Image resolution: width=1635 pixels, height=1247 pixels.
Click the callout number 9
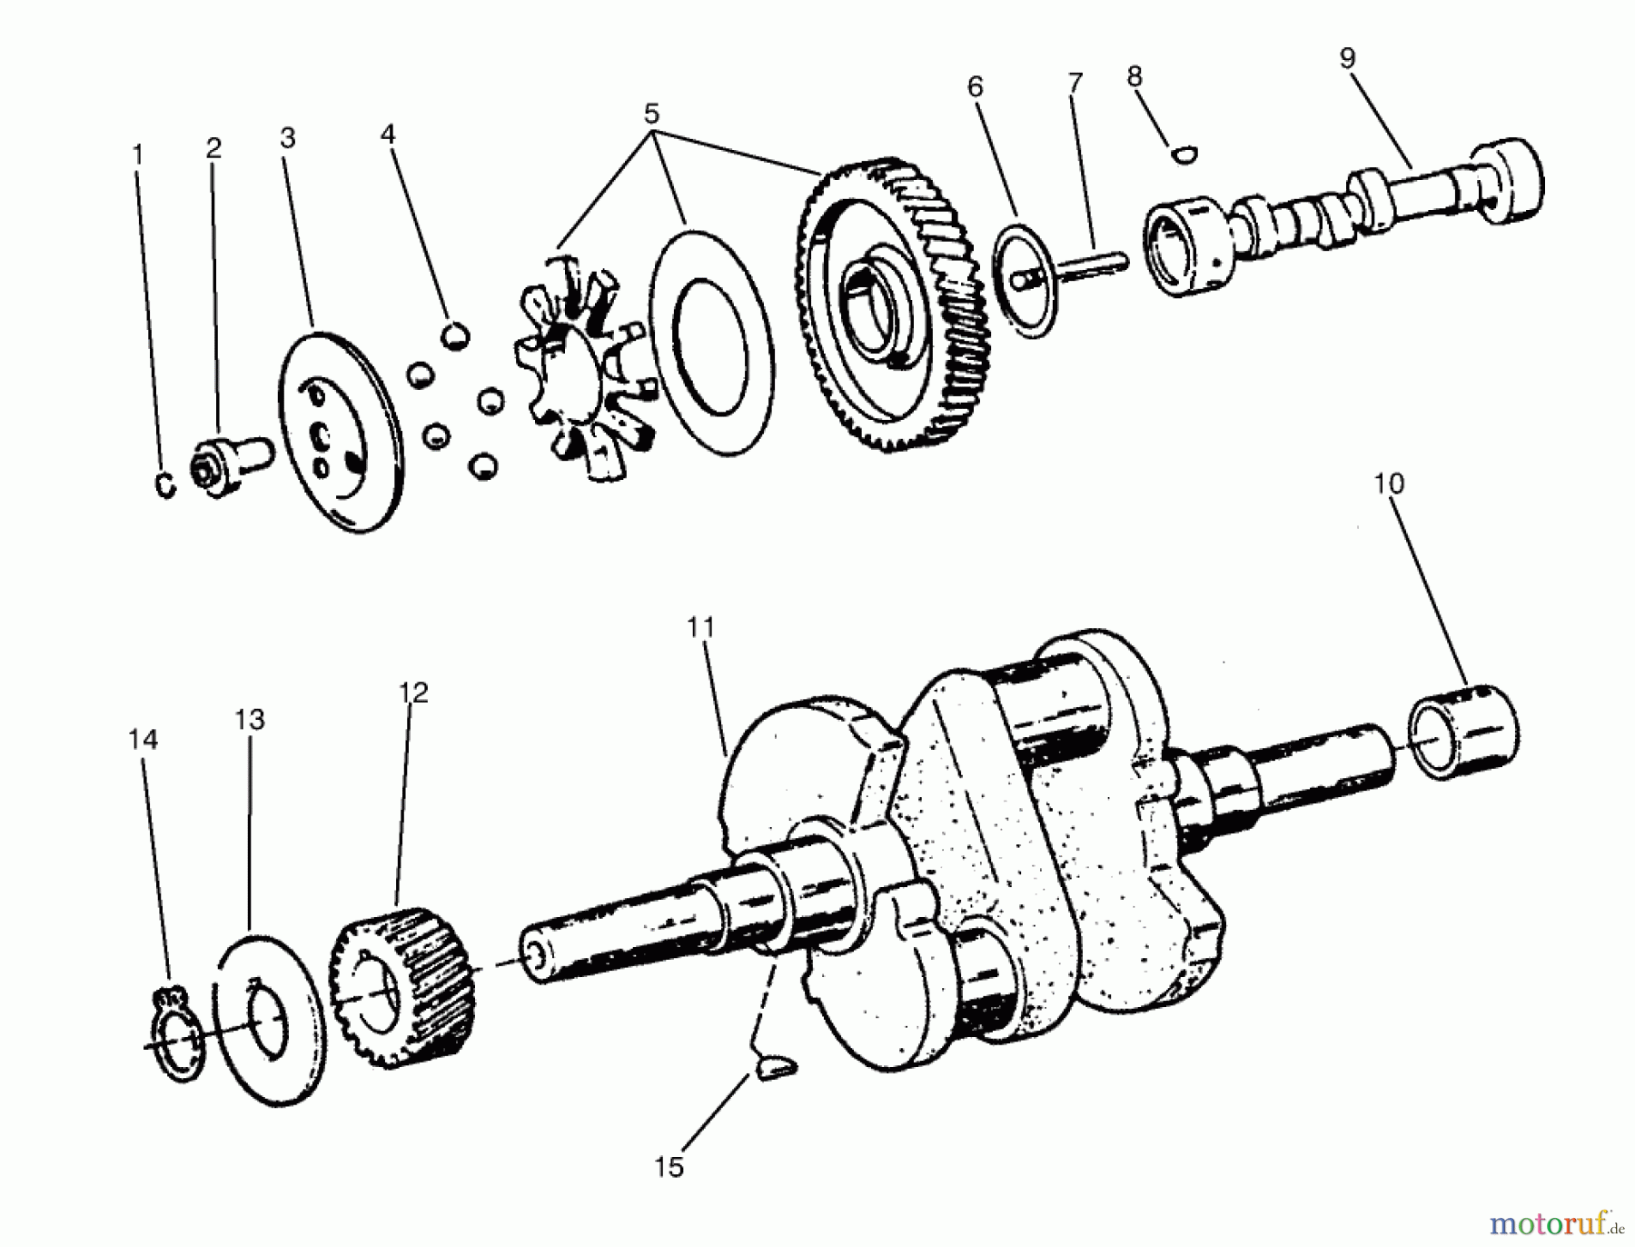tap(1347, 58)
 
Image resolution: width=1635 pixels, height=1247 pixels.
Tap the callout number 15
tap(669, 1167)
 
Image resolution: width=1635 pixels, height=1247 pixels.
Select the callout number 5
tap(651, 115)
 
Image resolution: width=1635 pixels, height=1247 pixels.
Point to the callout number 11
tap(700, 627)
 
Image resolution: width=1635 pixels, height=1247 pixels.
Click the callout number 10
tap(1388, 484)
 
